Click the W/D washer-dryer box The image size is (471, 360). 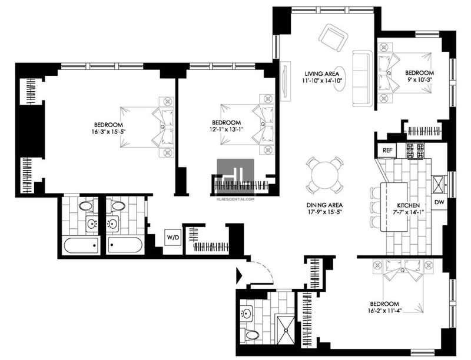(x=173, y=238)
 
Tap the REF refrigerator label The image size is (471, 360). (x=387, y=151)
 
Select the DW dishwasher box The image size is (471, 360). (x=439, y=202)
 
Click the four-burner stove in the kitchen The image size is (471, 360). (x=416, y=151)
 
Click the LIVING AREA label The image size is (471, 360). (x=322, y=74)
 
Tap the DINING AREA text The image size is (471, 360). (x=324, y=205)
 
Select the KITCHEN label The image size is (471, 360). (x=409, y=205)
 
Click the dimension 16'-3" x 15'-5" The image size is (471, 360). (x=108, y=131)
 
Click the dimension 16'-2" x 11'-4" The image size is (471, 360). (x=385, y=311)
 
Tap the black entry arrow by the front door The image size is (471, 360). (x=240, y=275)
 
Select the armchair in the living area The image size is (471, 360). (x=333, y=38)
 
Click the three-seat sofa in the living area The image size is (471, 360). (x=363, y=79)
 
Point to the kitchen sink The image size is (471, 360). (x=438, y=184)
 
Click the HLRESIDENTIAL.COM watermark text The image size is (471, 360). (x=235, y=199)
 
